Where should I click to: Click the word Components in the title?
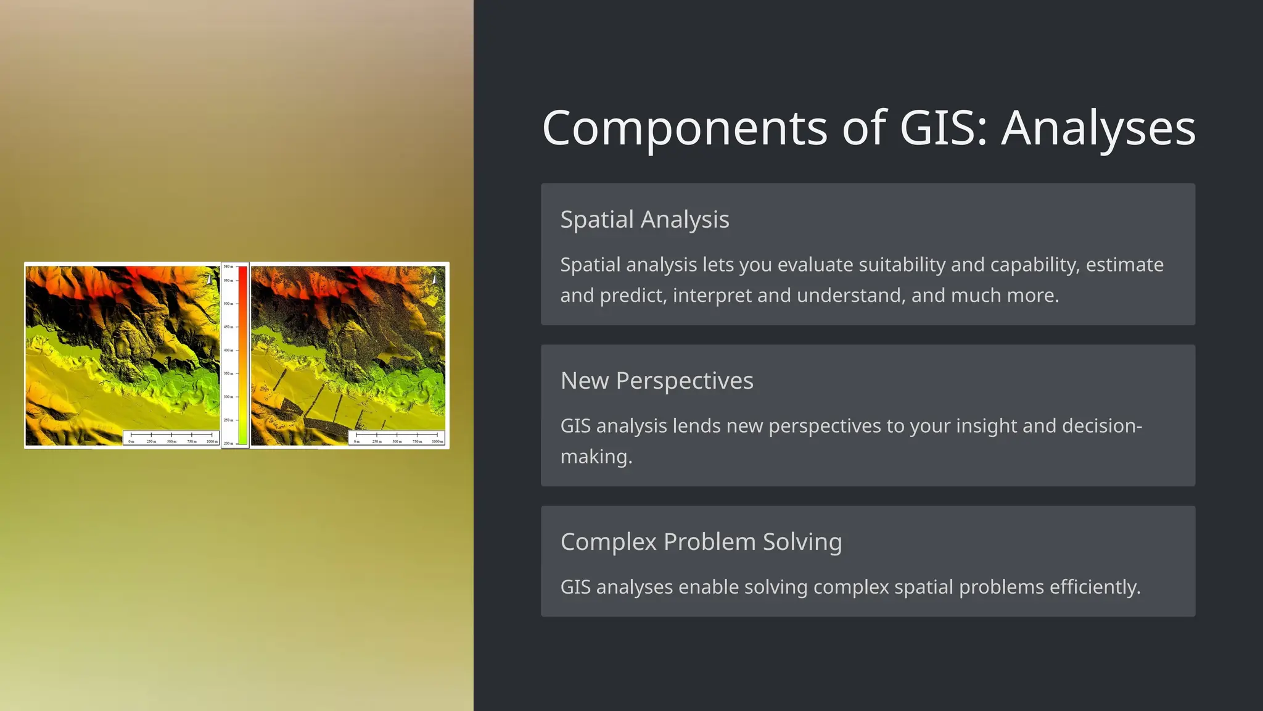coord(685,128)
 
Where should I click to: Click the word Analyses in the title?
coord(1098,128)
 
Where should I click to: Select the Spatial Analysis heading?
coord(644,220)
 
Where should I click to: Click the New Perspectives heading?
coord(657,381)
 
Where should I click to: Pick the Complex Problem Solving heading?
coord(701,542)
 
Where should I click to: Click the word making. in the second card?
coord(596,457)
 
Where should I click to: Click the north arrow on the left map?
coord(210,279)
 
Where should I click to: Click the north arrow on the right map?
coord(435,279)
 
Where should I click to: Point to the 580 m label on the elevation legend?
coord(228,267)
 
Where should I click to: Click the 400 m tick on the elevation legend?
coord(228,350)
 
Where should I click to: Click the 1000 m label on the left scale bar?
coord(212,442)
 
